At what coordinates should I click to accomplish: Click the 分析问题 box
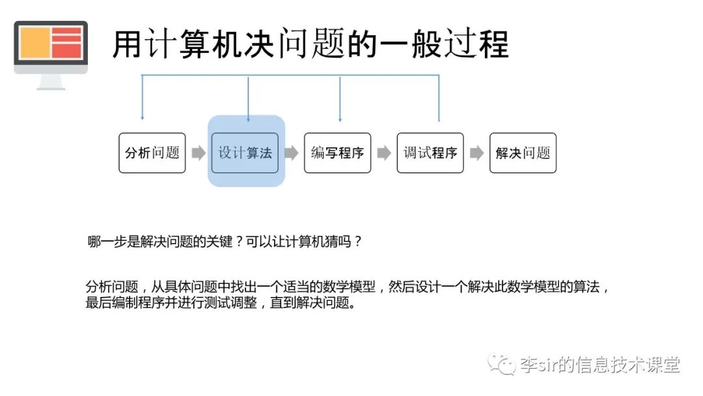(x=152, y=153)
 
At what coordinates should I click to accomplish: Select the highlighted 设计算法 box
(x=245, y=153)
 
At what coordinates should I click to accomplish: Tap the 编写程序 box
(x=337, y=153)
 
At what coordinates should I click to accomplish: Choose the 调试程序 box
(x=430, y=153)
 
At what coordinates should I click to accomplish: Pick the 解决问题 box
(x=523, y=153)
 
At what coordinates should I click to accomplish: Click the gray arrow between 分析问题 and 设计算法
(x=198, y=153)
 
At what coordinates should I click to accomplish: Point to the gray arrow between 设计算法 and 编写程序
(x=291, y=153)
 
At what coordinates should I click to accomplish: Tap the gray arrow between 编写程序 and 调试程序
(x=384, y=153)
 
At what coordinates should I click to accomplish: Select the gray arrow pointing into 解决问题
(x=476, y=153)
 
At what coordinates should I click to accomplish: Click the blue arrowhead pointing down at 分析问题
(x=142, y=118)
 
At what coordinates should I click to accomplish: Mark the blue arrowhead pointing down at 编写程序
(x=340, y=119)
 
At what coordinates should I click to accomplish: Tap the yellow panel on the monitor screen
(x=34, y=44)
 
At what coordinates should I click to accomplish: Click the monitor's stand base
(x=51, y=87)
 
